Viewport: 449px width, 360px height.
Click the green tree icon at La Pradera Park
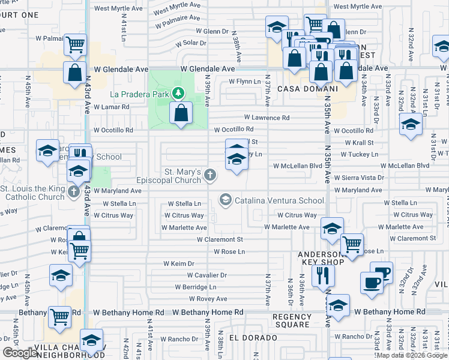click(x=178, y=94)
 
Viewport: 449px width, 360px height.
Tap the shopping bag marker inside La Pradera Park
click(x=181, y=112)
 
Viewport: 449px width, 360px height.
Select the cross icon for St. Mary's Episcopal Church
click(x=209, y=175)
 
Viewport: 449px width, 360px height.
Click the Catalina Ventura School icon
click(x=226, y=200)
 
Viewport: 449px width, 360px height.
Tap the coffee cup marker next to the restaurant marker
click(x=371, y=283)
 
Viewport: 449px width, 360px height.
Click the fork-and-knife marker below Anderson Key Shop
click(x=323, y=275)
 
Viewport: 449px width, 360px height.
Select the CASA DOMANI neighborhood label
click(x=301, y=88)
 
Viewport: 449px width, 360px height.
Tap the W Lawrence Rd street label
click(x=267, y=118)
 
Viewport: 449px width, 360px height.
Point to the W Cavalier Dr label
click(x=206, y=275)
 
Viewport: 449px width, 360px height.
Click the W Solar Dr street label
click(x=190, y=43)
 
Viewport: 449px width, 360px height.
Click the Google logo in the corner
click(x=20, y=353)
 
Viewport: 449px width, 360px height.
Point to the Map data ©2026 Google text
click(x=411, y=355)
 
